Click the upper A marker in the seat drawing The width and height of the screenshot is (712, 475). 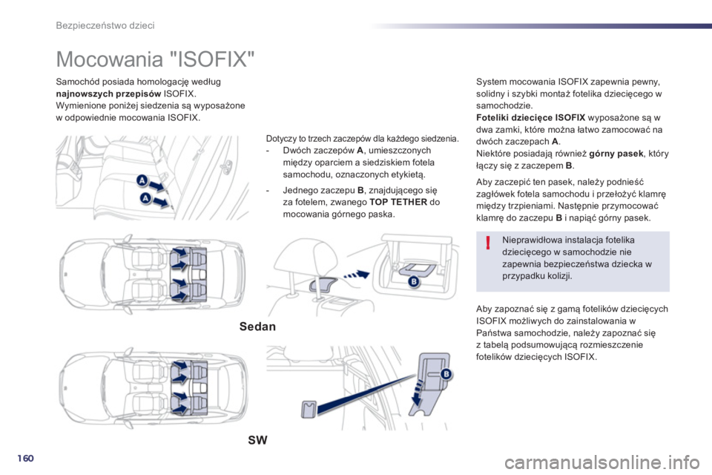pos(140,182)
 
